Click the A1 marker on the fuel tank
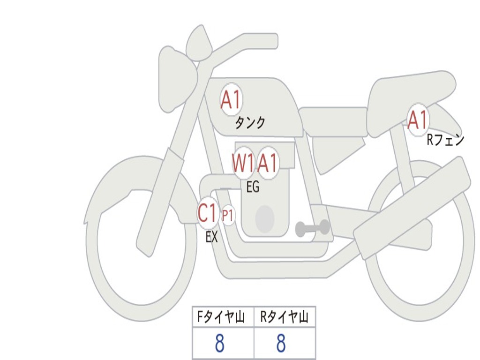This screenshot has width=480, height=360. coord(231,99)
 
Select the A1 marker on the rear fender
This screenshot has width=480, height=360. coord(418,120)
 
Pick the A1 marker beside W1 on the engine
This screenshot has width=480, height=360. coord(268,163)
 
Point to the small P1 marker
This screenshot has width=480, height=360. coord(228,216)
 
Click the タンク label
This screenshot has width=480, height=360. coord(250,123)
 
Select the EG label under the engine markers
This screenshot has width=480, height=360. coord(253,187)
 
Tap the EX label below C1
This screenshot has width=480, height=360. coord(212,237)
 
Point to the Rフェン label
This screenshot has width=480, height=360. coord(445,140)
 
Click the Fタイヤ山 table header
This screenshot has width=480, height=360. coord(220,317)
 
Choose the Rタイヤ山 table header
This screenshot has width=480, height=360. coord(284,317)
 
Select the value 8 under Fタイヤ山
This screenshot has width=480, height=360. coord(219,343)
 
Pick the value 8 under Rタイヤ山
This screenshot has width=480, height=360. coord(281,343)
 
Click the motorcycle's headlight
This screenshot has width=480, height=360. coord(178,79)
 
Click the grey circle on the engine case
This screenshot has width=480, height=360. coord(265,218)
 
